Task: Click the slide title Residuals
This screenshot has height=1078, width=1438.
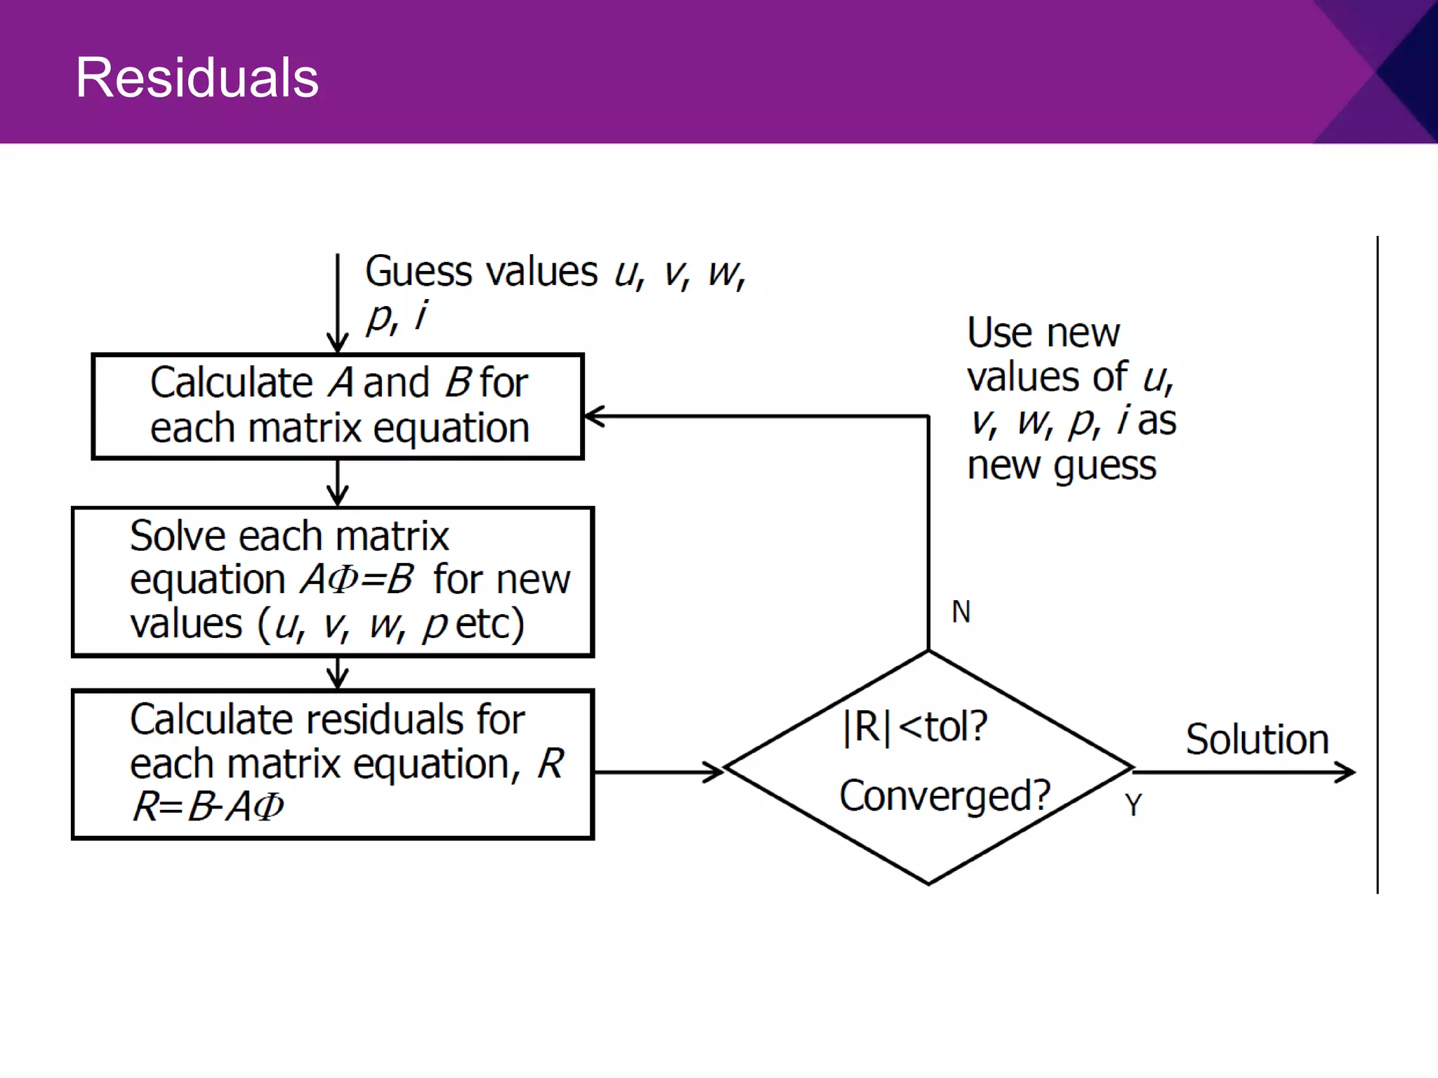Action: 197,77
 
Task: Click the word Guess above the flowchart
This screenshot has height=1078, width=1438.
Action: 418,272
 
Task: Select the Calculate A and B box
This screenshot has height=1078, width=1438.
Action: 338,406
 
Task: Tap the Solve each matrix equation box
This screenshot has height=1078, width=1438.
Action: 333,582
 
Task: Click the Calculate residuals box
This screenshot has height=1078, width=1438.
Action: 333,764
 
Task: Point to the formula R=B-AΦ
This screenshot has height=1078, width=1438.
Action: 209,806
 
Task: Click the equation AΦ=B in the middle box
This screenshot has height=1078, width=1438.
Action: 357,580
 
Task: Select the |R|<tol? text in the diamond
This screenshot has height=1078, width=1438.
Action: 915,726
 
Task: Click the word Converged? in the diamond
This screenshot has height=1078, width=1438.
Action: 944,795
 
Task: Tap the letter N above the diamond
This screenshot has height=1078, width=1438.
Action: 961,612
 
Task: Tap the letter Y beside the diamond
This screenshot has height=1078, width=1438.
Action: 1133,805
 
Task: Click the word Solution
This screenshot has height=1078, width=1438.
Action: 1257,740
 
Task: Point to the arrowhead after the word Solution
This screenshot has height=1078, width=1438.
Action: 1347,772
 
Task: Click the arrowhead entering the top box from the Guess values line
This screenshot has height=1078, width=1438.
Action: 338,344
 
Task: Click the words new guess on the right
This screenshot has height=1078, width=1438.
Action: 1061,465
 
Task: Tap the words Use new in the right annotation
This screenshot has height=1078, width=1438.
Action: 1043,333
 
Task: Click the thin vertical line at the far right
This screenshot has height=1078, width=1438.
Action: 1378,561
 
